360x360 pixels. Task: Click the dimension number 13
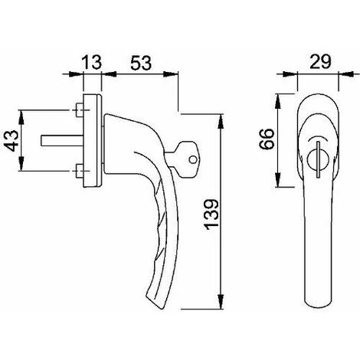click(x=92, y=62)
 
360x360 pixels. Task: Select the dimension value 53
click(x=141, y=63)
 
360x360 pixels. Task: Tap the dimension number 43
click(x=11, y=141)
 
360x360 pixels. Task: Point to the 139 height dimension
click(x=211, y=212)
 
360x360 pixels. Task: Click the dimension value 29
click(x=320, y=62)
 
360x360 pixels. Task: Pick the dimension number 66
click(x=267, y=139)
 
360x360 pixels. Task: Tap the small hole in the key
click(x=193, y=160)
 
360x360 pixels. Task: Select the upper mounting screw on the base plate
click(x=80, y=110)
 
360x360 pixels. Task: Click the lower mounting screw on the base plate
click(x=80, y=171)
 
